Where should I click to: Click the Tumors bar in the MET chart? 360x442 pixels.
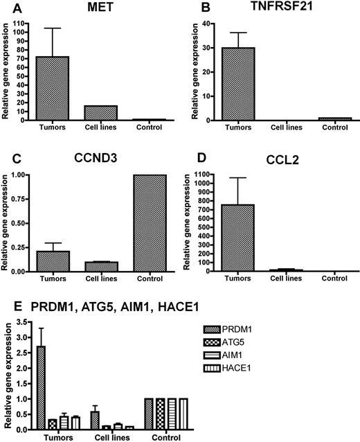click(53, 88)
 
